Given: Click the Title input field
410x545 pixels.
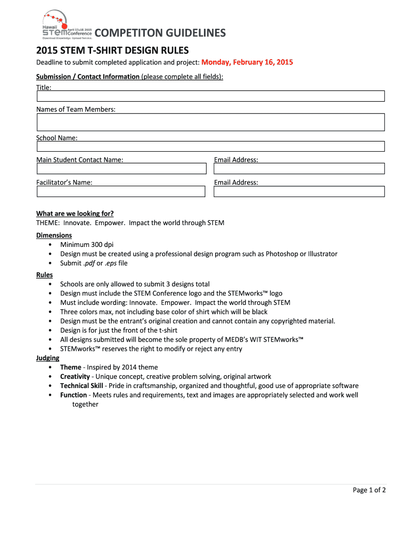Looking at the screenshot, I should (x=210, y=96).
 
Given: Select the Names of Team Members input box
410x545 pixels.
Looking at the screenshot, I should (x=210, y=122).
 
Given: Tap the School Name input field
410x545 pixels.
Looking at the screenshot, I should (x=210, y=146).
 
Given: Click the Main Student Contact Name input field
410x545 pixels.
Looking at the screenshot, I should (x=121, y=169).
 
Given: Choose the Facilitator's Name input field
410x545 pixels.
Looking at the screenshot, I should (x=121, y=191).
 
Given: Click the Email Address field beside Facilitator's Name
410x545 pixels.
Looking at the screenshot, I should (x=299, y=191).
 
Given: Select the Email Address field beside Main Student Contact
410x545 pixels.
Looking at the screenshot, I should (x=299, y=169).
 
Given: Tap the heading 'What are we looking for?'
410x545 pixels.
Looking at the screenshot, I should (x=75, y=213).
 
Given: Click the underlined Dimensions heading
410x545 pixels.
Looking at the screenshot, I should (x=54, y=235).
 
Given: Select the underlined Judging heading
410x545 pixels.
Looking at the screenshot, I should (x=47, y=358).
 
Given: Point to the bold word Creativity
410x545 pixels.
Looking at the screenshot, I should (x=75, y=376).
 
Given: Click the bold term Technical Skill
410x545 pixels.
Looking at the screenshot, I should (x=83, y=386).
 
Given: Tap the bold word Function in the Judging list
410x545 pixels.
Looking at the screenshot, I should (x=73, y=395).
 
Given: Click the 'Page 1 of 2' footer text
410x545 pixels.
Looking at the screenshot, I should (x=369, y=490).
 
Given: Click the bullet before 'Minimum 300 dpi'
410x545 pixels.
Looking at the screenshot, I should (x=50, y=245).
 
